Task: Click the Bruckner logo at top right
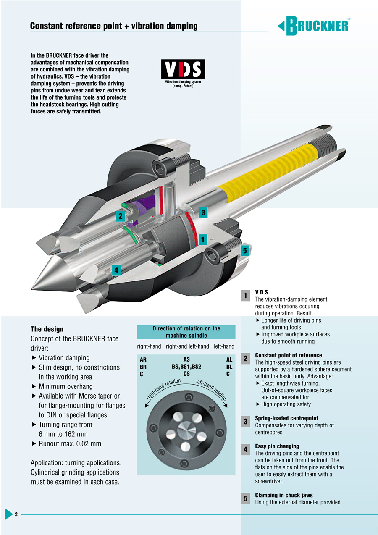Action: (314, 26)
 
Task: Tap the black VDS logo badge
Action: (183, 69)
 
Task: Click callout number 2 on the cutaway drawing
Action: (121, 216)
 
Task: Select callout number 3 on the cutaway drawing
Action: (203, 212)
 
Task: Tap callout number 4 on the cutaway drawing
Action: (116, 270)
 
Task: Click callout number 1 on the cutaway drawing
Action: (203, 239)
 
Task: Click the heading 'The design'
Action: (47, 329)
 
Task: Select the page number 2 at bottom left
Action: (16, 514)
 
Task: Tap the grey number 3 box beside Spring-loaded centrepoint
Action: (245, 421)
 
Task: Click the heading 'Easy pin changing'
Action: (277, 446)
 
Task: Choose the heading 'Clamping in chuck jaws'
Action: (283, 495)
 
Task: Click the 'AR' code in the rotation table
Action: (143, 360)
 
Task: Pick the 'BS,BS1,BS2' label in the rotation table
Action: (186, 367)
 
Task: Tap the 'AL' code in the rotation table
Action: (229, 360)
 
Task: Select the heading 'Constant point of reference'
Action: (289, 355)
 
